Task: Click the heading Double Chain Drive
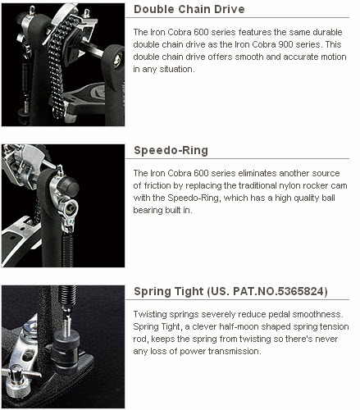coord(189,9)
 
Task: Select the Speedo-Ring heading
coord(171,151)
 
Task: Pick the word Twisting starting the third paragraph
coord(150,314)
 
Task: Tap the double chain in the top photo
coord(58,68)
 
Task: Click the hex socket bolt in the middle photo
coord(70,208)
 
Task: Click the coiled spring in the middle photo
coord(67,251)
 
